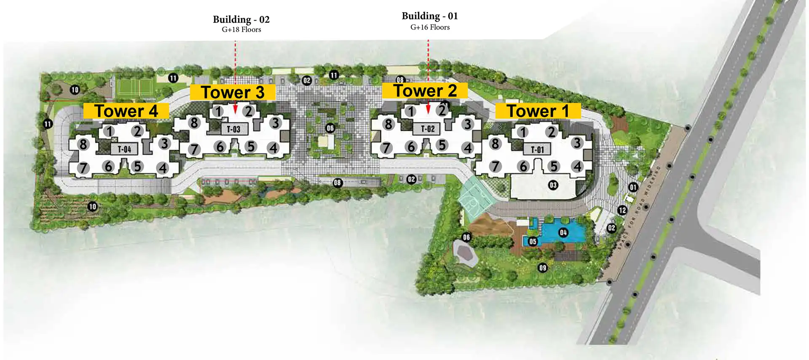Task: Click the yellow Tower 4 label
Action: tap(126, 111)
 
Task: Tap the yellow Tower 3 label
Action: tap(233, 92)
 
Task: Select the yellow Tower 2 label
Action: tap(425, 91)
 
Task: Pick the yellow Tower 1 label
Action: tap(538, 111)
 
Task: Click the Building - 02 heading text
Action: tap(241, 19)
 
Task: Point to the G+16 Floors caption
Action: tap(430, 27)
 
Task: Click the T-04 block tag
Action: tap(124, 149)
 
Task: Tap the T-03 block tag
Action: tap(233, 129)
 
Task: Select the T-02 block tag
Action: tap(428, 129)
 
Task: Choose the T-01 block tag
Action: tap(537, 149)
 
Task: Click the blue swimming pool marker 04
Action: tap(563, 232)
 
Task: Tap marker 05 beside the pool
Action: tap(533, 242)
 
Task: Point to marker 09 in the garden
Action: tap(543, 268)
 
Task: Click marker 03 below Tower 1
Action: tap(553, 185)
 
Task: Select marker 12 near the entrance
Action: tap(622, 210)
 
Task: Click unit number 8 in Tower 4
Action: tap(83, 144)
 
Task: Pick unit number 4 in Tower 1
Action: tap(577, 167)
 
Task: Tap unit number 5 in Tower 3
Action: tap(251, 146)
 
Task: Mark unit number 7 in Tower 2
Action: tap(386, 148)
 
